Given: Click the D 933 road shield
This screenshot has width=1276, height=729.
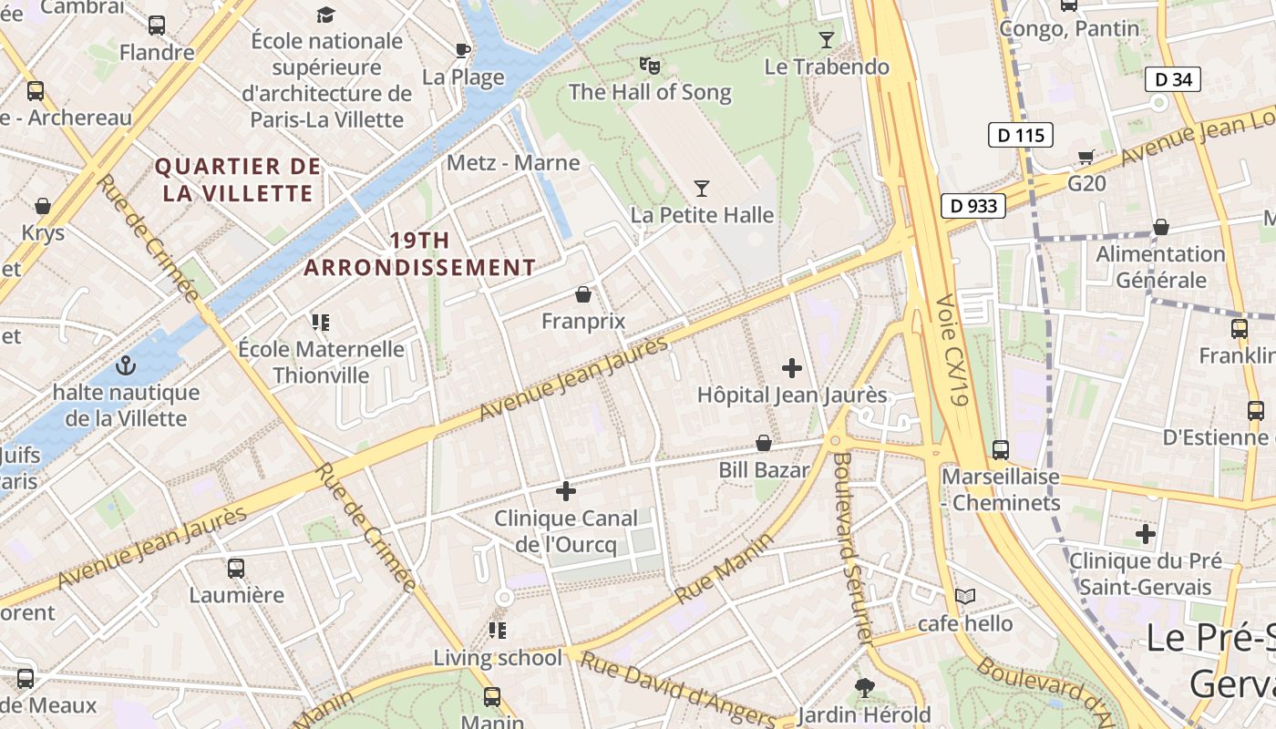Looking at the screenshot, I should coord(973,206).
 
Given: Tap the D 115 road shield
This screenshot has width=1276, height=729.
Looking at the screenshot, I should coord(1021,136).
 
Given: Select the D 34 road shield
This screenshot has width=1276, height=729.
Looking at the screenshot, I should coord(1173,79).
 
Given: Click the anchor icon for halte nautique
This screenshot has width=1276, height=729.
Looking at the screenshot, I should coord(126,366).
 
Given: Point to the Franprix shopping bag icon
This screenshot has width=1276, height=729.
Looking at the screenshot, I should coord(583,294).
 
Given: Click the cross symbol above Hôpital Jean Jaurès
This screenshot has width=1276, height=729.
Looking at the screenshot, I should coord(792,368).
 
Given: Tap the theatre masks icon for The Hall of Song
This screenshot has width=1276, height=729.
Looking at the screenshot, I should coord(649,65).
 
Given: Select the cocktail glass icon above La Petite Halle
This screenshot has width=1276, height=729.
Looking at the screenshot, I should coord(701,189).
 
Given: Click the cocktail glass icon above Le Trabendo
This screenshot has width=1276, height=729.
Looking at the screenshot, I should coord(827,39).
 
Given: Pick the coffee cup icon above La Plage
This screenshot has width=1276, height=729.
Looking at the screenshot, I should coord(463,49).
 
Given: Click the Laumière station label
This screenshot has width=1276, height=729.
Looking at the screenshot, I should coord(237,595).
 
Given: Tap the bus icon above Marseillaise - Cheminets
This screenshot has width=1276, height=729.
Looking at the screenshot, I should coord(1001,449).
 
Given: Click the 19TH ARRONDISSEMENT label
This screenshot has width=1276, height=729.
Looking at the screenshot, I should coord(419,254).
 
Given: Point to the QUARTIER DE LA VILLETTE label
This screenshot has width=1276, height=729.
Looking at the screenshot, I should coord(238,180).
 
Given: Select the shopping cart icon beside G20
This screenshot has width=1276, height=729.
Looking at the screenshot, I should coord(1086,157).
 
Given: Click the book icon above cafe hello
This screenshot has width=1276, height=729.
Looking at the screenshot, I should coord(964,596).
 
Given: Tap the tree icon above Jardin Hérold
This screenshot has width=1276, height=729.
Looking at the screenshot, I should coord(864,687).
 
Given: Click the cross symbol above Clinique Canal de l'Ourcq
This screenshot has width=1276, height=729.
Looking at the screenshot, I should coord(566,491).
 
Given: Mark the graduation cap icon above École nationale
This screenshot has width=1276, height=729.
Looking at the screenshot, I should coord(325,15).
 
